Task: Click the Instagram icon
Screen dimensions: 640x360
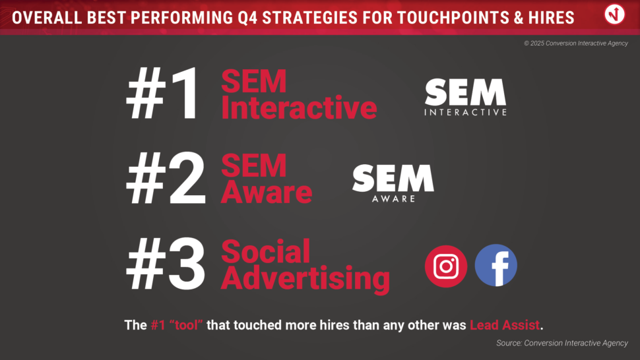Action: pos(446,266)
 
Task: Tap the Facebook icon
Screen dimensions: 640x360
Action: pos(496,266)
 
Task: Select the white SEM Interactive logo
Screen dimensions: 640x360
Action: pos(465,97)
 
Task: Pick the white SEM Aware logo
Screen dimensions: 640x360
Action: pos(393,183)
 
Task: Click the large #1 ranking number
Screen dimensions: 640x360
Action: pos(163,94)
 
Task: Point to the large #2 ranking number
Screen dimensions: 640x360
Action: pos(166,179)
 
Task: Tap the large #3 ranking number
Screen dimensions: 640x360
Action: pos(166,264)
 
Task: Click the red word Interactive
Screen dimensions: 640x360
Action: pos(299,107)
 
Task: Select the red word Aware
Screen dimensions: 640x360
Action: pos(267,192)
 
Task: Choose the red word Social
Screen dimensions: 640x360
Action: pos(266,252)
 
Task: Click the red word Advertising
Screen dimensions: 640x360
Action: pos(305,278)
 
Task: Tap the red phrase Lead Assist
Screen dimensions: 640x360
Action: pos(505,325)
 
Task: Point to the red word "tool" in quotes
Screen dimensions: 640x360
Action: pos(185,325)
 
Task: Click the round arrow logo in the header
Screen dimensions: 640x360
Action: pos(614,15)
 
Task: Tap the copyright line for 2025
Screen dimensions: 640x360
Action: pos(576,44)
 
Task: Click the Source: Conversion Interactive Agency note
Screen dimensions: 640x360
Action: pos(562,344)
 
